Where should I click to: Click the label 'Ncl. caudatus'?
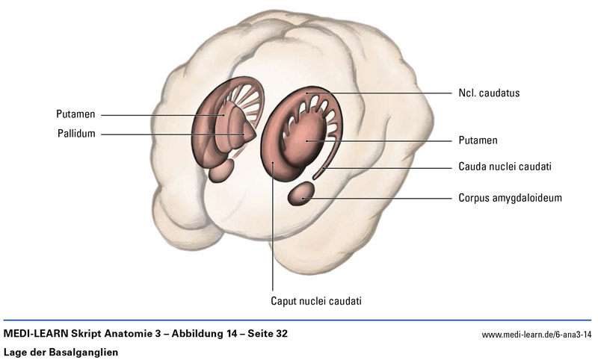point(489,93)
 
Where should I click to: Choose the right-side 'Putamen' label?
point(478,140)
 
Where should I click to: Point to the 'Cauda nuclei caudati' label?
point(505,167)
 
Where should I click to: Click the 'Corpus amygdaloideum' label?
point(510,199)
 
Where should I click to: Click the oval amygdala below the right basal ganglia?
point(301,196)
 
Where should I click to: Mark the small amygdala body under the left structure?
point(221,171)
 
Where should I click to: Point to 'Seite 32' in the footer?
point(261,333)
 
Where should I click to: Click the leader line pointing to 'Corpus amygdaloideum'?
point(381,199)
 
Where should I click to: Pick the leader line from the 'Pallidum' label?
point(172,134)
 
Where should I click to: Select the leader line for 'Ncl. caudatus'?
point(389,93)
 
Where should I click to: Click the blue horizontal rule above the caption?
point(299,320)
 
